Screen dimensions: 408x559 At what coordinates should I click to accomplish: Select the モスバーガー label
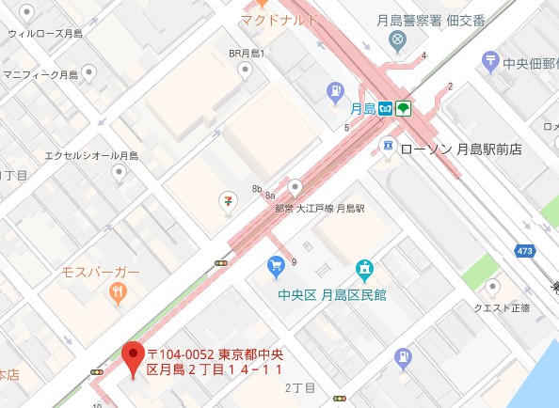pyautogui.click(x=101, y=273)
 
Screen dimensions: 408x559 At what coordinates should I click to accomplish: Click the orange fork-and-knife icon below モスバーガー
pyautogui.click(x=118, y=293)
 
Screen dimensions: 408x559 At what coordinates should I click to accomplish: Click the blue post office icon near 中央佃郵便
pyautogui.click(x=490, y=63)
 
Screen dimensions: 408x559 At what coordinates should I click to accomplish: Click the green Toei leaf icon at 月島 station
pyautogui.click(x=403, y=109)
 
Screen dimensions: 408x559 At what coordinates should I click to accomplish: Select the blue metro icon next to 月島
pyautogui.click(x=386, y=109)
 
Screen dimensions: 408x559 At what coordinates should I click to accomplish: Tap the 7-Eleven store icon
pyautogui.click(x=226, y=200)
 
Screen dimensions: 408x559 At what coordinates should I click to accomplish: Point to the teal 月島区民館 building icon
pyautogui.click(x=364, y=271)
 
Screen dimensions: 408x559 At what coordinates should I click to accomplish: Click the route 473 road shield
pyautogui.click(x=526, y=250)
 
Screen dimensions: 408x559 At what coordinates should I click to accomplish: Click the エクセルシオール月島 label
pyautogui.click(x=92, y=155)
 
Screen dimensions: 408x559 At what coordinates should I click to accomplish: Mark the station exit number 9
pyautogui.click(x=295, y=260)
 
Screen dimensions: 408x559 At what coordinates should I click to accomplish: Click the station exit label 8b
pyautogui.click(x=257, y=189)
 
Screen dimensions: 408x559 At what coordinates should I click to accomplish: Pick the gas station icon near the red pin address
pyautogui.click(x=402, y=357)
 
